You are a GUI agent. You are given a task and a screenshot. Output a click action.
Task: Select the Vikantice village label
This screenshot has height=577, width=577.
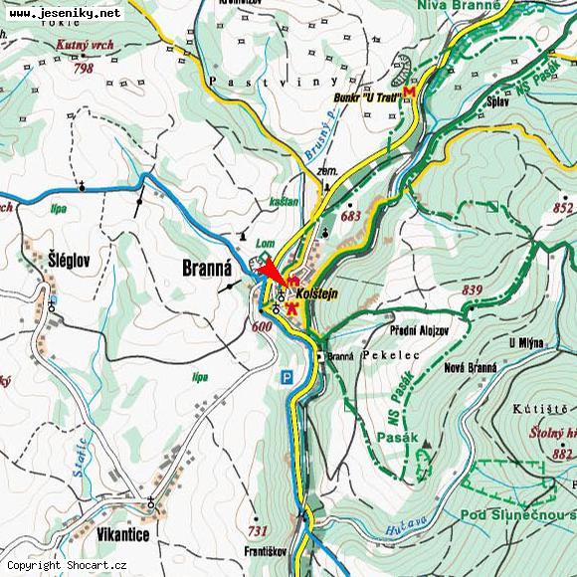(x=124, y=534)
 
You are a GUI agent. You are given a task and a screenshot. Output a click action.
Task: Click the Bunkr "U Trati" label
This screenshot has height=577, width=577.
(x=367, y=96)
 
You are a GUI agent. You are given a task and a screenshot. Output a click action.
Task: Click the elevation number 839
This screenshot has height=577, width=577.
(x=472, y=289)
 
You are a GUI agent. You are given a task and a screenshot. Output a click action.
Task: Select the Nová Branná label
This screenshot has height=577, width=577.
(x=470, y=367)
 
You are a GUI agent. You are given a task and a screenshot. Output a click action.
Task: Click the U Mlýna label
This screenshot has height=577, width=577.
(x=525, y=342)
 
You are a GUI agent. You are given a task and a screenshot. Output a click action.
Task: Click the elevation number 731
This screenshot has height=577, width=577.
(x=259, y=530)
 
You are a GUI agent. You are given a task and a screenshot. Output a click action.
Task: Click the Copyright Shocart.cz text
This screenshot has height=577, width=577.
(x=68, y=565)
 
